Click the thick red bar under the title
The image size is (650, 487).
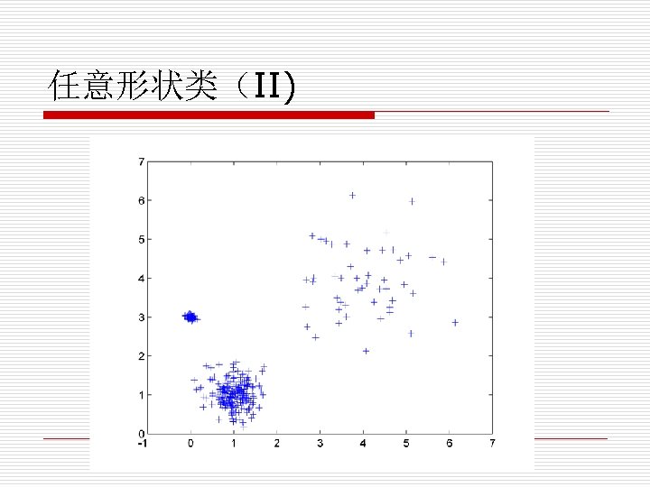pyautogui.click(x=209, y=115)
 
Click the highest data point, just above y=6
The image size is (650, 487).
pyautogui.click(x=353, y=195)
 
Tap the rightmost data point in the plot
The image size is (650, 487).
pyautogui.click(x=455, y=322)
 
